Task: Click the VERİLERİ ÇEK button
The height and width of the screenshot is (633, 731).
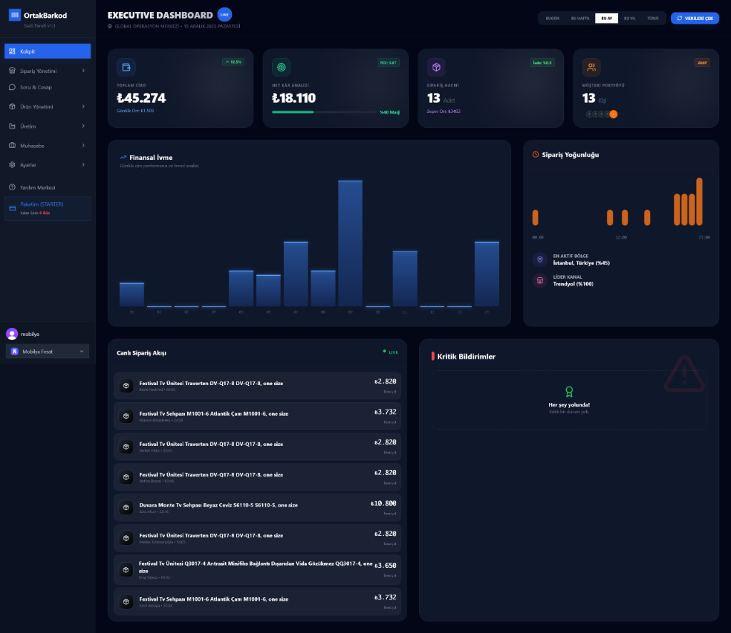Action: click(x=695, y=18)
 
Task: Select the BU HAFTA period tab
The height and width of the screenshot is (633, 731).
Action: click(x=579, y=19)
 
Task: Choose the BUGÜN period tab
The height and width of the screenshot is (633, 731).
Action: click(x=553, y=19)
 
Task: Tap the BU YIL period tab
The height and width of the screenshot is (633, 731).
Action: click(x=630, y=19)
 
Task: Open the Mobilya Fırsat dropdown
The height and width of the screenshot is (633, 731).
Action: click(x=47, y=352)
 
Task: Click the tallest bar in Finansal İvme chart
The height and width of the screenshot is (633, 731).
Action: click(x=350, y=243)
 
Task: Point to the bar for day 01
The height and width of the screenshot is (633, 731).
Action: click(x=131, y=294)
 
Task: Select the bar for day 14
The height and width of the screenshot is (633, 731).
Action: click(x=487, y=274)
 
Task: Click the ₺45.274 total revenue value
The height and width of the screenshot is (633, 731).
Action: click(x=141, y=99)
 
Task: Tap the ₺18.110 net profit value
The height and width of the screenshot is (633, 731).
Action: click(x=293, y=99)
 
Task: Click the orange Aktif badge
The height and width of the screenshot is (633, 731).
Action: click(x=702, y=62)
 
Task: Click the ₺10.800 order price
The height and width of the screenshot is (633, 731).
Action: click(x=383, y=504)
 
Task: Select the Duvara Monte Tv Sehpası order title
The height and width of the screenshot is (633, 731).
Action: click(x=218, y=505)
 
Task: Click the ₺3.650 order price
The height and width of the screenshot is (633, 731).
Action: click(x=385, y=565)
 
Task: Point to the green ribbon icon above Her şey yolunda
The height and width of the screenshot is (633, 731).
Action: click(x=569, y=392)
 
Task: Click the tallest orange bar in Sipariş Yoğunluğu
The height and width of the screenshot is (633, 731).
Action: click(x=699, y=201)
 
